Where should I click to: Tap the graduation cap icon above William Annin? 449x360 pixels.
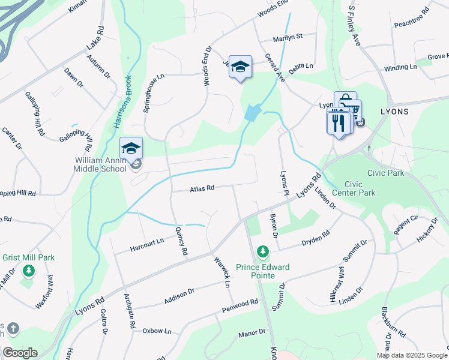[131, 148]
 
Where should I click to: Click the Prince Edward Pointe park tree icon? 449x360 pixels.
[262, 251]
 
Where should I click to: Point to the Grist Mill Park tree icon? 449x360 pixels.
[28, 271]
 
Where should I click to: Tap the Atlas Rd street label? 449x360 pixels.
[202, 188]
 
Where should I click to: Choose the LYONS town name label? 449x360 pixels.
[394, 112]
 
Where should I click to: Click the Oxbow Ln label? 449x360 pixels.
[157, 331]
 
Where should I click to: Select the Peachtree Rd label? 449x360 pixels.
[412, 18]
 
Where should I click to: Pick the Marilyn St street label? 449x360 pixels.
[288, 37]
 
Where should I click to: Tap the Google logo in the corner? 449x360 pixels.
[20, 353]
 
